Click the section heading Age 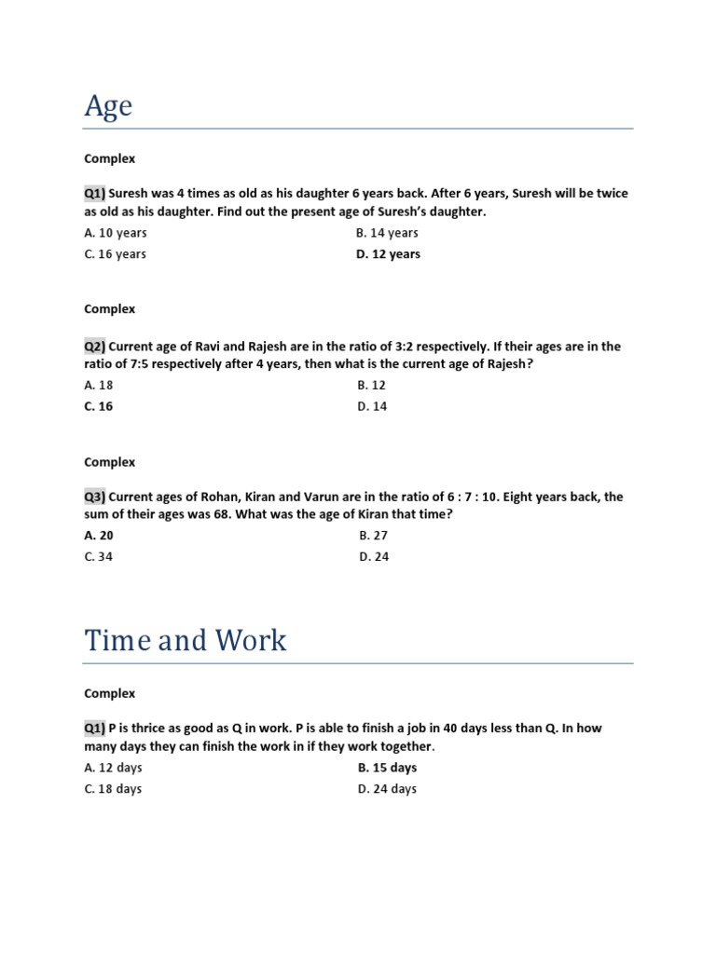[108, 107]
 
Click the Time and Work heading [186, 640]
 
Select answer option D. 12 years [388, 254]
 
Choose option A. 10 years [115, 233]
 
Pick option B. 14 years [387, 233]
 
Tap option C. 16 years [115, 254]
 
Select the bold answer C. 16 [98, 406]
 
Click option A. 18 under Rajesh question [98, 385]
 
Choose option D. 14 [372, 406]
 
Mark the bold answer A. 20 [99, 536]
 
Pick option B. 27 [373, 536]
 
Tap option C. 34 [98, 557]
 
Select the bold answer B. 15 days [387, 768]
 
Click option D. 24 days [387, 789]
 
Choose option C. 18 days [113, 789]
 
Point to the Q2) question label [95, 347]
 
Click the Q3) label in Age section [95, 497]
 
